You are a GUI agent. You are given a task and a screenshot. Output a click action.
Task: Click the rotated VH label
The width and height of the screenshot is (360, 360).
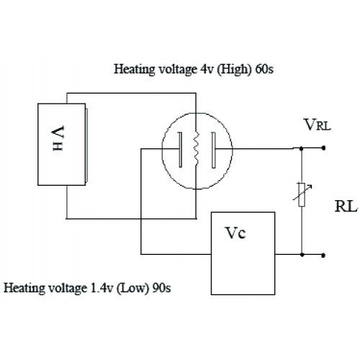[58, 138]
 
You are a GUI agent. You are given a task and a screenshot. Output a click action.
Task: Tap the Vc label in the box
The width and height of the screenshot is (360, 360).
[235, 233]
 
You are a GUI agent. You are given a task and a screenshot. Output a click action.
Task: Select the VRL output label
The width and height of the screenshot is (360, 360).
[318, 125]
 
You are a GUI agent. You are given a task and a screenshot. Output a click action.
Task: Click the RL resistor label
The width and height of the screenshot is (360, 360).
[346, 206]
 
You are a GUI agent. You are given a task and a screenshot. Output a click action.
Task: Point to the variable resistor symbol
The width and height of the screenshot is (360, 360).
[302, 194]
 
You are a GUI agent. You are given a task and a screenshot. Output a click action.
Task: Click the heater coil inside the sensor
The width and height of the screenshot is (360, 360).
[197, 148]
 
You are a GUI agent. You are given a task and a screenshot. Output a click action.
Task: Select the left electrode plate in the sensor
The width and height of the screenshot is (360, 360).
[180, 149]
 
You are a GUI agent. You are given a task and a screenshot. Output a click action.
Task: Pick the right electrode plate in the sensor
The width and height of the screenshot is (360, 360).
[213, 150]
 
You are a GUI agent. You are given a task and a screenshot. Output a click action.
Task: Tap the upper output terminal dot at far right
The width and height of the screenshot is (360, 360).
[323, 148]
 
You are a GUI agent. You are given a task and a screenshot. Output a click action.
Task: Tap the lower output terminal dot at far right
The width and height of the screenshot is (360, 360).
[323, 255]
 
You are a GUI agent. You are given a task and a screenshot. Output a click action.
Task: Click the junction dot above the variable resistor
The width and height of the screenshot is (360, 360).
[302, 149]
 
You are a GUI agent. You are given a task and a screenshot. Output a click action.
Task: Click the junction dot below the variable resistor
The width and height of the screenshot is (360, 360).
[302, 254]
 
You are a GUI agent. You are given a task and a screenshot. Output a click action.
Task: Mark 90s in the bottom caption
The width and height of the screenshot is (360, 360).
[161, 288]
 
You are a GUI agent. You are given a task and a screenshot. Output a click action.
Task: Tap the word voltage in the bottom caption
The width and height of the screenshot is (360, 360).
[66, 288]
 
